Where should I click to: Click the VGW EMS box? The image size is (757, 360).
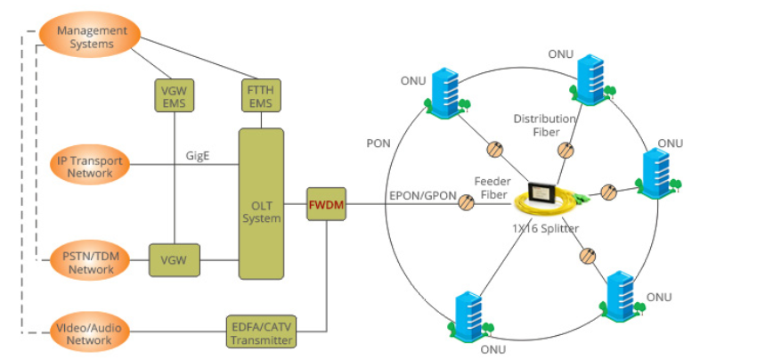click(x=172, y=97)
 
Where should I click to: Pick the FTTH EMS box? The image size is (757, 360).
click(x=261, y=96)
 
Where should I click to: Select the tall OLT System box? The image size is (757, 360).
click(x=261, y=203)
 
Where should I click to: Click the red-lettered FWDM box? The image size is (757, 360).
click(x=326, y=205)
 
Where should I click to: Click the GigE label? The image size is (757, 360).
click(x=198, y=156)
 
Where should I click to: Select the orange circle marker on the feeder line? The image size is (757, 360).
click(x=466, y=204)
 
